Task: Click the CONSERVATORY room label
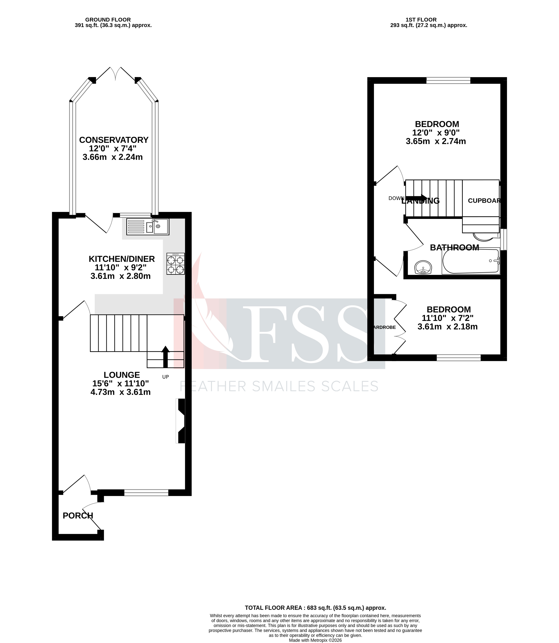tap(114, 140)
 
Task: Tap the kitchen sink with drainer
tap(148, 227)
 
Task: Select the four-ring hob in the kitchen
tap(176, 264)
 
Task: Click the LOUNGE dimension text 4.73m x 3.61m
tap(120, 392)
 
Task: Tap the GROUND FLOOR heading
tap(108, 20)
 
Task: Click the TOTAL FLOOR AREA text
tap(315, 608)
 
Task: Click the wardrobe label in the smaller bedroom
tap(385, 327)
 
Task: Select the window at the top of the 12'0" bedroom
tap(448, 80)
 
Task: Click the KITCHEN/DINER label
tap(122, 259)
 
